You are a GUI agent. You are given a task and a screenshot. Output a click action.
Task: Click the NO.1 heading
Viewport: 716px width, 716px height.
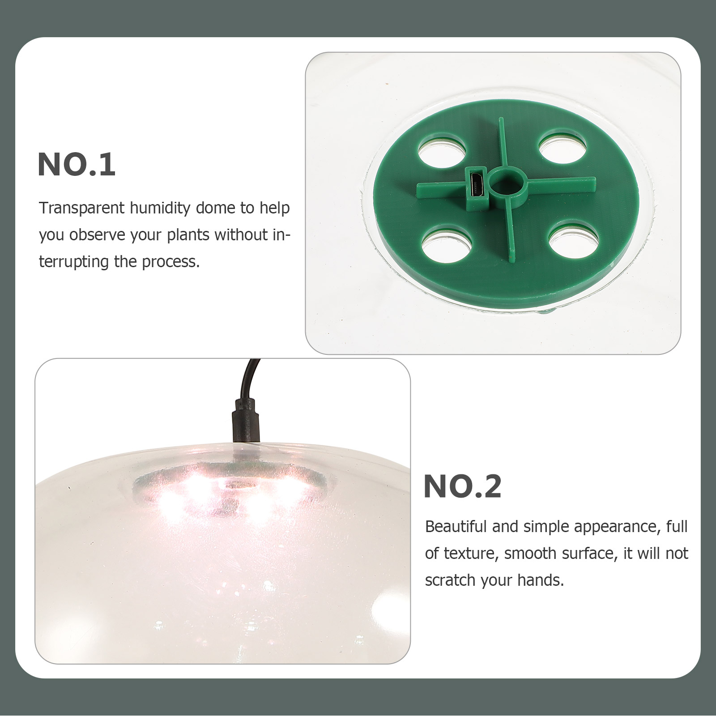pyautogui.click(x=77, y=165)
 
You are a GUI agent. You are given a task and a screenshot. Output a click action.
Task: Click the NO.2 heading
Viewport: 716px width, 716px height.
pyautogui.click(x=462, y=486)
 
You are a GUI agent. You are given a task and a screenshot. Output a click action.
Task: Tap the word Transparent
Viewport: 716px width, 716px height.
pyautogui.click(x=81, y=208)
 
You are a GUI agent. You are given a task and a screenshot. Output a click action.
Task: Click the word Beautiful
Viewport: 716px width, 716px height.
pyautogui.click(x=456, y=527)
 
